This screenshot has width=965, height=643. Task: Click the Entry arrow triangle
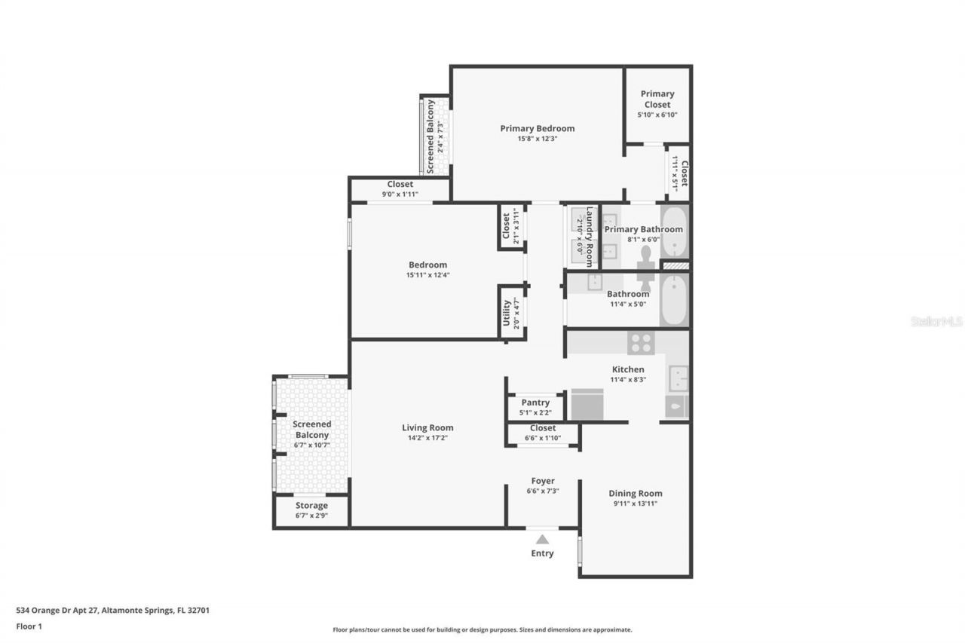pyautogui.click(x=542, y=539)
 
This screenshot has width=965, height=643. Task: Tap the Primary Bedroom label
pyautogui.click(x=537, y=128)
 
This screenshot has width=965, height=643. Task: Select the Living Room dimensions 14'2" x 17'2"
pyautogui.click(x=427, y=438)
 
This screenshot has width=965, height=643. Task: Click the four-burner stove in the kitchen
pyautogui.click(x=641, y=343)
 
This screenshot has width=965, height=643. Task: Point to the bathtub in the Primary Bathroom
pyautogui.click(x=674, y=231)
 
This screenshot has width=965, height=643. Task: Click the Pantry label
pyautogui.click(x=535, y=403)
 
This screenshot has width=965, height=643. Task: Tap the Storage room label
pyautogui.click(x=311, y=506)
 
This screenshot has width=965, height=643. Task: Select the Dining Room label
pyautogui.click(x=636, y=494)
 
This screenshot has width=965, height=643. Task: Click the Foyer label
pyautogui.click(x=542, y=481)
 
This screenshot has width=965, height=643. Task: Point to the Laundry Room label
pyautogui.click(x=590, y=235)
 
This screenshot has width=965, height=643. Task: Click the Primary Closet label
pyautogui.click(x=657, y=99)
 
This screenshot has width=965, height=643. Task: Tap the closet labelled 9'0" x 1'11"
pyautogui.click(x=400, y=189)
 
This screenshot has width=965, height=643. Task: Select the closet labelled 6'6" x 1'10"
pyautogui.click(x=543, y=433)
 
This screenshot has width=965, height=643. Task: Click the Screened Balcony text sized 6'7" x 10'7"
pyautogui.click(x=311, y=430)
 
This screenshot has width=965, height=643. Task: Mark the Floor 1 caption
pyautogui.click(x=29, y=626)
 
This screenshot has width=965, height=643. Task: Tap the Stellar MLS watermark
pyautogui.click(x=936, y=321)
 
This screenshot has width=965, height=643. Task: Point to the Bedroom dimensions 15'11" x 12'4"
pyautogui.click(x=427, y=275)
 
